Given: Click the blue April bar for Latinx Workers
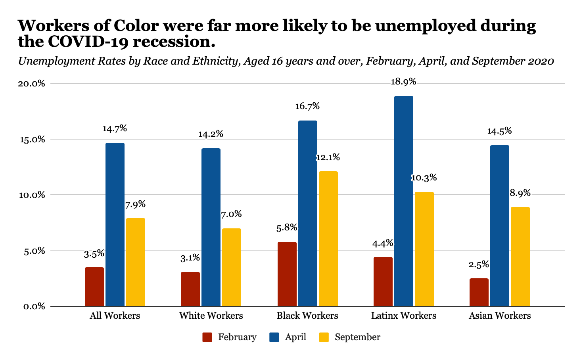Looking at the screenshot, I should coord(403,201).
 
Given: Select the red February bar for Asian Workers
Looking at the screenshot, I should coord(479,292).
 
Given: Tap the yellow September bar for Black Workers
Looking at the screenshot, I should coord(328,239).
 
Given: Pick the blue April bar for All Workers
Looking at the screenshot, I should coord(115,224).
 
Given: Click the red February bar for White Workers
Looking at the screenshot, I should coord(190,289).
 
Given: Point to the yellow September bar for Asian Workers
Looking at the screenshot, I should coord(520,257).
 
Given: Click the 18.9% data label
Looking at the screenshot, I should coord(403,82).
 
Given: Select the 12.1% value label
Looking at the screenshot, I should coord(328,157).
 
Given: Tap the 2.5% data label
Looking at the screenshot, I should coord(479,264).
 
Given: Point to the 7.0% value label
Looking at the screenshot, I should coord(231,214).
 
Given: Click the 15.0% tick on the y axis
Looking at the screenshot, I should coord(31,140).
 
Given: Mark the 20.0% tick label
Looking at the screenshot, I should coord(31,84).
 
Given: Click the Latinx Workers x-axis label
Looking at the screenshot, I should coord(403,316).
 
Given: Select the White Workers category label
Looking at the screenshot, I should coord(211,316).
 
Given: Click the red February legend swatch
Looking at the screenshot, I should coord(207,337).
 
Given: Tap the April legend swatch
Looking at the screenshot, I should coord(274,337).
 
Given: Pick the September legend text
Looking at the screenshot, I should coord(357,337).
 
